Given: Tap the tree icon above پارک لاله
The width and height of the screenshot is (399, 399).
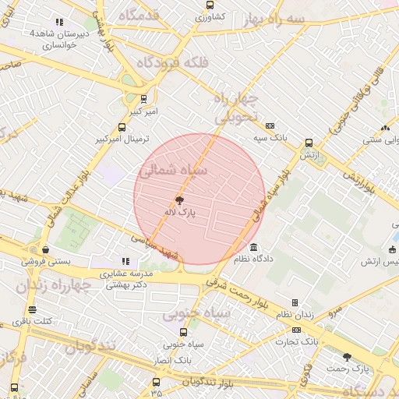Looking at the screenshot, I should pos(181,200).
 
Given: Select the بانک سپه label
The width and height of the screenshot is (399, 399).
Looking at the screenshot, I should pos(274,136).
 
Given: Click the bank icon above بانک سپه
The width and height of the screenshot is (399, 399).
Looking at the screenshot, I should pos(270,125).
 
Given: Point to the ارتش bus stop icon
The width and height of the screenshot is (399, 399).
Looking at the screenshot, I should pos(309,143).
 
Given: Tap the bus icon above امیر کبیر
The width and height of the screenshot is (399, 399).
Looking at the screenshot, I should pos(143,99).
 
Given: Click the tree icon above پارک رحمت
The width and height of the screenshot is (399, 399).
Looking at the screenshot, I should pos(348,356).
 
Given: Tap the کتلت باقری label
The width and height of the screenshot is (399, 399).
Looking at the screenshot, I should pos(37,321).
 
